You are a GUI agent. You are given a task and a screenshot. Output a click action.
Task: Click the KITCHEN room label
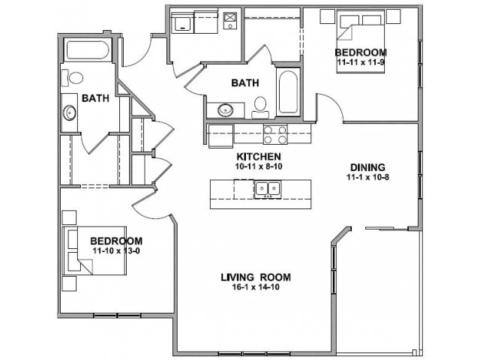[x=259, y=157]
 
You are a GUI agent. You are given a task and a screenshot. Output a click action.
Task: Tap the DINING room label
[x=367, y=167]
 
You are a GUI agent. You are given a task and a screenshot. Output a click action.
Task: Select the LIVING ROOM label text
[x=256, y=277]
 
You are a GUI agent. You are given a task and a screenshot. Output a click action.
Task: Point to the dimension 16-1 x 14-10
[x=256, y=287]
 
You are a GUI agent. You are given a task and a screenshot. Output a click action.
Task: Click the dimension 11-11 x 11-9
[x=361, y=62]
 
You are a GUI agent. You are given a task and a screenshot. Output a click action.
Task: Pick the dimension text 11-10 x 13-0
[x=116, y=251]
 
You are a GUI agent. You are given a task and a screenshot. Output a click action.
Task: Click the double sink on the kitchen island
[x=268, y=189]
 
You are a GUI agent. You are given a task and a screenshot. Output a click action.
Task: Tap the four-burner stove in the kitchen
[x=275, y=134]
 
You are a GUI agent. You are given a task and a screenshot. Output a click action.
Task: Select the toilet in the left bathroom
[x=72, y=78]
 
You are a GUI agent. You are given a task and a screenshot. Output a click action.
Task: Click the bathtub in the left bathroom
[x=88, y=50]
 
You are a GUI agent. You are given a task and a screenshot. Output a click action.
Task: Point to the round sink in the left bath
[x=70, y=112]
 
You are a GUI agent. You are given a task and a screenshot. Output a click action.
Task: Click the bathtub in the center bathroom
[x=288, y=91]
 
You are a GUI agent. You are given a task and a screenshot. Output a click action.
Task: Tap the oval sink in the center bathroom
[x=226, y=110]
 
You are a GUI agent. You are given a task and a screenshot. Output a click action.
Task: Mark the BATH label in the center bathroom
[x=245, y=83]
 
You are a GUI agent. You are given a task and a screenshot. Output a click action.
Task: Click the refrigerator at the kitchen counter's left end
[x=220, y=136]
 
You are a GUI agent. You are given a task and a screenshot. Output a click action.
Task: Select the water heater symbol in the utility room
[x=230, y=20]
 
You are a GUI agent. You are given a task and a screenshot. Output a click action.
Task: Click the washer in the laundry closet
[x=181, y=22]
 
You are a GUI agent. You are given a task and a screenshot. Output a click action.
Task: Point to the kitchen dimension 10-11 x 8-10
[x=259, y=166]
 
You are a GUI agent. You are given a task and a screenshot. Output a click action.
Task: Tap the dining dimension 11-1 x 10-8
[x=367, y=177]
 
